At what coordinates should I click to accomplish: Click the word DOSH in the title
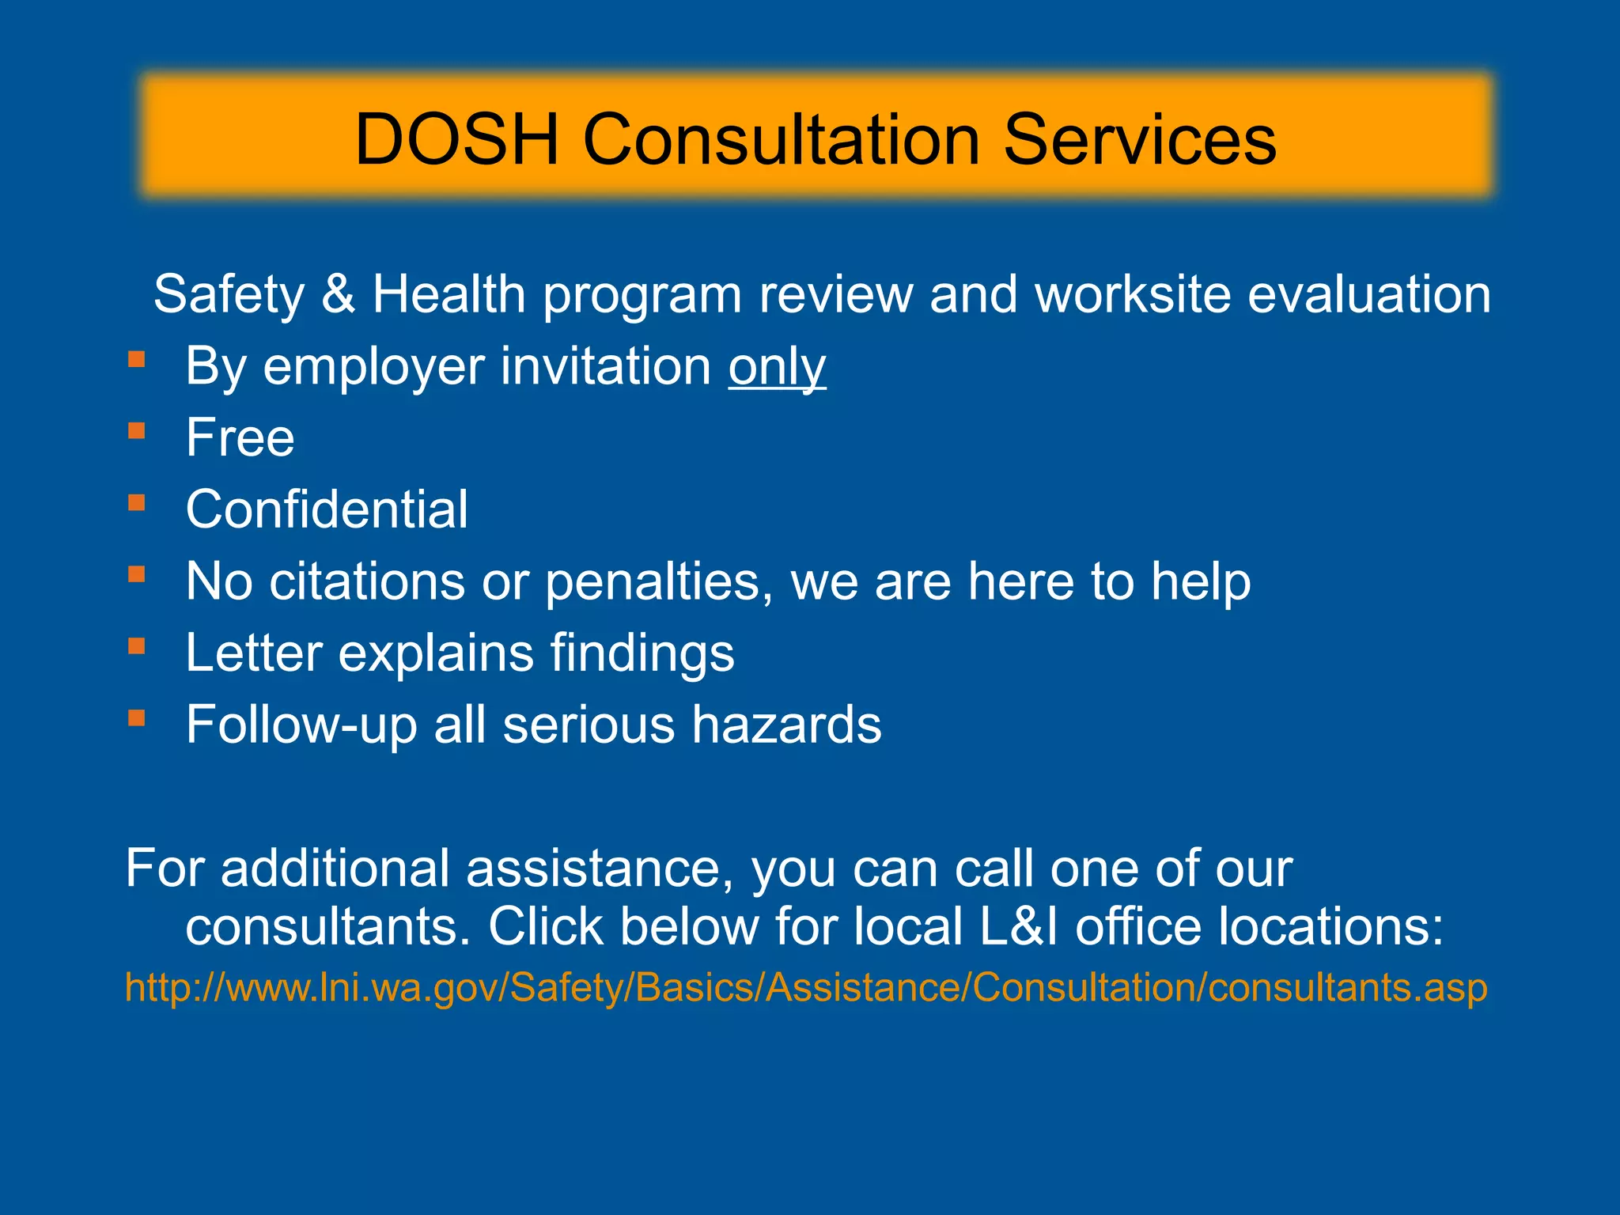(x=457, y=140)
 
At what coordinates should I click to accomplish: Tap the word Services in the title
(x=1140, y=140)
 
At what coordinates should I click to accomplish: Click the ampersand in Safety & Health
(x=338, y=294)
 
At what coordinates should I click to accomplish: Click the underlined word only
(x=777, y=367)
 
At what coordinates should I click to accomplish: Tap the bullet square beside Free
(x=137, y=431)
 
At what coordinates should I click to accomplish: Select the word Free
(x=240, y=437)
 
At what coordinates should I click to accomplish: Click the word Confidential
(x=327, y=509)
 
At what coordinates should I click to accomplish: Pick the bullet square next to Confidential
(x=137, y=503)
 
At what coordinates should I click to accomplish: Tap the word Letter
(x=253, y=653)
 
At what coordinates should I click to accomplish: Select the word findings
(x=642, y=654)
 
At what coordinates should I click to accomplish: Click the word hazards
(x=786, y=725)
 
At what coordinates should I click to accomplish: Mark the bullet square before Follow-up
(x=137, y=718)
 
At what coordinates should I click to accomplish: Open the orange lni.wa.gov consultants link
(x=806, y=988)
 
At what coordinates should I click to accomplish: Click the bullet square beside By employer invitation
(x=137, y=360)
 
